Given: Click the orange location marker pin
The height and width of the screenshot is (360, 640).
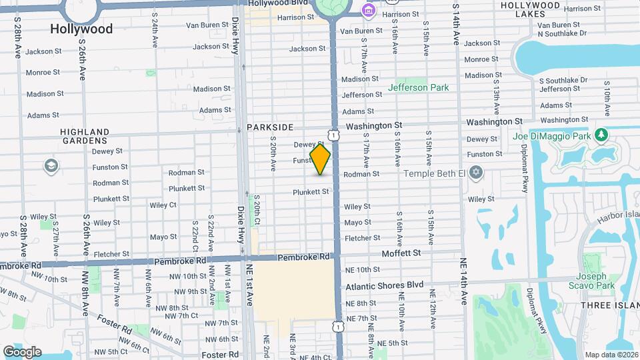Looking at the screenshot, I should pos(320,159).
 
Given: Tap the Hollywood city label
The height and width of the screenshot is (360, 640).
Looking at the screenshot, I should pos(81,29).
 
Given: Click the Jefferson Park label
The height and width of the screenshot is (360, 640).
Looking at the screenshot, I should pos(418,87).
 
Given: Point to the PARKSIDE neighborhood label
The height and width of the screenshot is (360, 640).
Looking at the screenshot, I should pos(270,127).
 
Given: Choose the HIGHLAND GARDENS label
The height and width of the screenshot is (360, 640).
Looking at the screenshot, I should pos(83,136).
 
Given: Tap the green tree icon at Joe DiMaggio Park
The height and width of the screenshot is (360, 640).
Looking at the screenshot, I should pos(602,136).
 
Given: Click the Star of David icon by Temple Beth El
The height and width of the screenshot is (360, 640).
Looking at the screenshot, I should pos(475,173).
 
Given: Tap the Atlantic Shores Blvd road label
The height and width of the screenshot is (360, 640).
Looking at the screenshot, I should pos(384,285).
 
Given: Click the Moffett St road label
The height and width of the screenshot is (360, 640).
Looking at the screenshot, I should pos(401,253).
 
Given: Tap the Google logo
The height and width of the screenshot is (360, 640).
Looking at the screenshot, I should pos(21,351).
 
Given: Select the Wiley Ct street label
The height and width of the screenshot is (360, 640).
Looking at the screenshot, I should pos(163,205).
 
